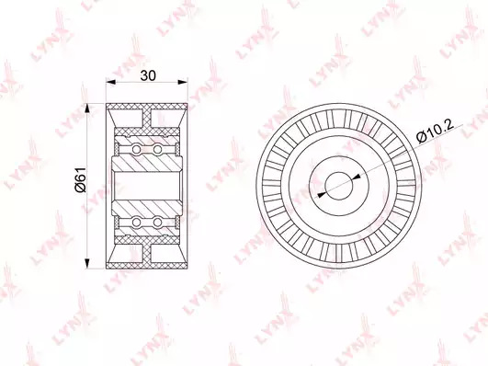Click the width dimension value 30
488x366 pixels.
click(x=147, y=75)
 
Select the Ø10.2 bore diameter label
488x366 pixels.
click(x=435, y=132)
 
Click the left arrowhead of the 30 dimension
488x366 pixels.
click(x=110, y=82)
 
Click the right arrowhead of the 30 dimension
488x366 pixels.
click(x=183, y=82)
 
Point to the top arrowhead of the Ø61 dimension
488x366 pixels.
click(x=87, y=109)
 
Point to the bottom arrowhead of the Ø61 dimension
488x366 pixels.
click(x=87, y=263)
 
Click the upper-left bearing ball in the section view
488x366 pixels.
click(x=136, y=149)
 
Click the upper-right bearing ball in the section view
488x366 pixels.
click(x=157, y=149)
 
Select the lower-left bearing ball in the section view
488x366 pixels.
click(x=136, y=222)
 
